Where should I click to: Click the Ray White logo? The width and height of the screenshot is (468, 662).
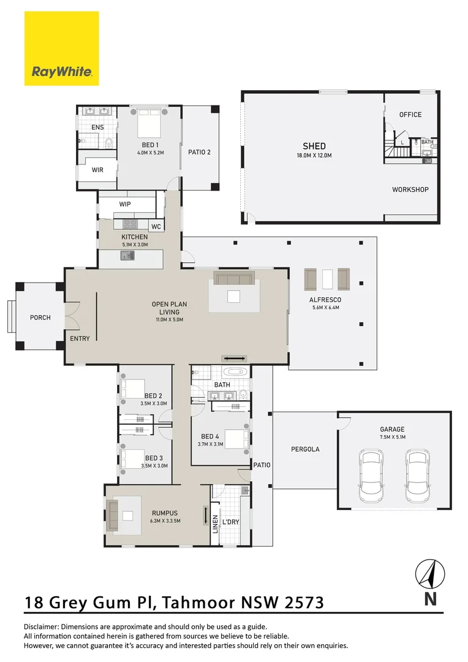(x=61, y=48)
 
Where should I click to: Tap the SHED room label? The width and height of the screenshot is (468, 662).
(x=314, y=146)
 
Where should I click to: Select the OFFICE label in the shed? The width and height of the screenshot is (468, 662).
(x=410, y=115)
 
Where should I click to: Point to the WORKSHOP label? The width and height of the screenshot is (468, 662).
(x=410, y=189)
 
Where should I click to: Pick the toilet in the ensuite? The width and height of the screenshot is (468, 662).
(x=108, y=143)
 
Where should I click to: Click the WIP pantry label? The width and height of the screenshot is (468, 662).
(x=125, y=204)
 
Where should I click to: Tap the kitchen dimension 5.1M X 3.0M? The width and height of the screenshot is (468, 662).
(x=134, y=245)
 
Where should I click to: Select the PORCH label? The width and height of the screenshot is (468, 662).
(x=40, y=318)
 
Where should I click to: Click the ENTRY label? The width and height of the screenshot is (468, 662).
(x=80, y=339)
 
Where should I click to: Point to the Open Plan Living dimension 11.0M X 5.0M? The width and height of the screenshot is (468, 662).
(x=170, y=319)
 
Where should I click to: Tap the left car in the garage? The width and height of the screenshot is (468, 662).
(x=372, y=473)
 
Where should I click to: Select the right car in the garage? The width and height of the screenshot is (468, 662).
(x=417, y=473)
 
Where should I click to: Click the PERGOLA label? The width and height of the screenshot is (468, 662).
(x=304, y=449)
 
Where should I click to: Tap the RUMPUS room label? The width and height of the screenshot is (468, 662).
(x=164, y=513)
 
